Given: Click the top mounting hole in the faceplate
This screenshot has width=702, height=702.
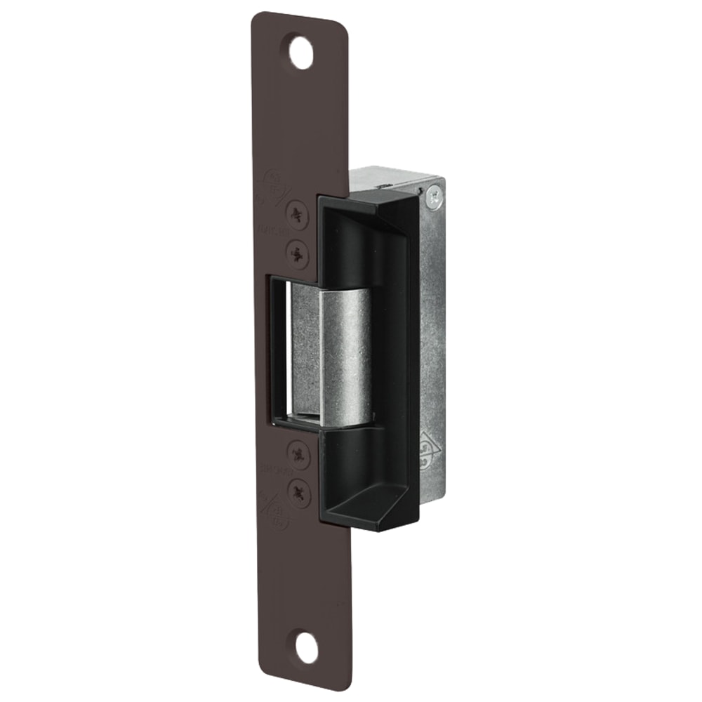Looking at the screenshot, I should pos(302,53).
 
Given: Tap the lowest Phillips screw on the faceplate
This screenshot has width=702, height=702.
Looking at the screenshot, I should pos(301,491).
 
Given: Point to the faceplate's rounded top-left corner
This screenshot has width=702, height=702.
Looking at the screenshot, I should pos(257,17).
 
